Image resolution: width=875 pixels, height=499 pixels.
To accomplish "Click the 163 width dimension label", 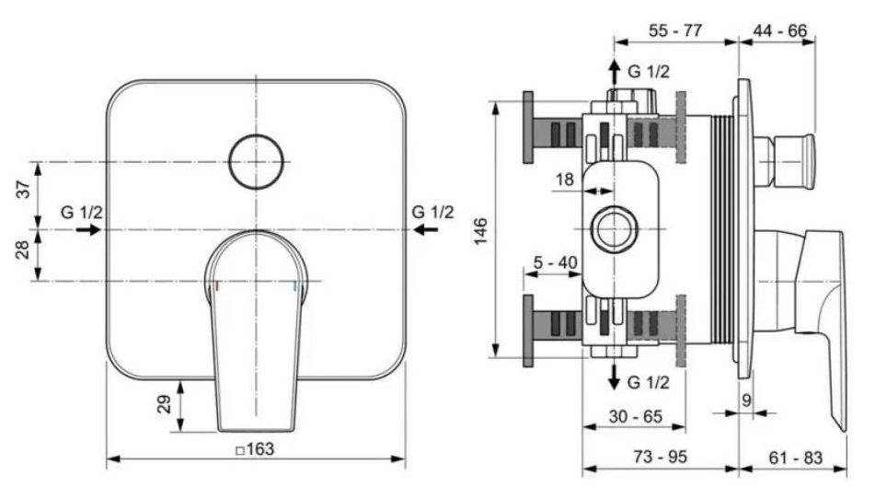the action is point(255,449).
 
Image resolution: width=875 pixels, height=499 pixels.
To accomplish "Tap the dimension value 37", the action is point(23,190).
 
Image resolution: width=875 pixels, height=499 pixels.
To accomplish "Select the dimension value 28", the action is point(23,249).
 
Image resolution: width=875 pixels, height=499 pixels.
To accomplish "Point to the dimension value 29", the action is point(164,403).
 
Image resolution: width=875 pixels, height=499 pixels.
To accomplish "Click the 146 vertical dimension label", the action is point(480,230).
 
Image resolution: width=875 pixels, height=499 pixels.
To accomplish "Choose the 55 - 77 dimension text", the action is point(675,30).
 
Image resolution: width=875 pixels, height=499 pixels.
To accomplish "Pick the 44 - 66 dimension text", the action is point(780,30).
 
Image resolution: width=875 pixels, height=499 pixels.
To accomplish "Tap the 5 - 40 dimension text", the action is point(555,262).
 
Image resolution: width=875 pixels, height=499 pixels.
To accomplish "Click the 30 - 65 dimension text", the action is point(635,416).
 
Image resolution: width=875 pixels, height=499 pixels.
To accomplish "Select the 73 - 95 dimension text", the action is point(660,457).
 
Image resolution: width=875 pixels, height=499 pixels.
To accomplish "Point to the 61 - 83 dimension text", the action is point(796,458).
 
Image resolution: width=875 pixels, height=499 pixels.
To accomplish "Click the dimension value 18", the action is point(565,180).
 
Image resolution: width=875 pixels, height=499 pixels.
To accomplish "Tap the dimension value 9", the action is point(747,400).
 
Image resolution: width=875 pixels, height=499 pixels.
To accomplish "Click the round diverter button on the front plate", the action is point(256,162).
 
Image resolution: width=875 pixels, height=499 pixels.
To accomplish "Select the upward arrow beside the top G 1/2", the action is point(615,73).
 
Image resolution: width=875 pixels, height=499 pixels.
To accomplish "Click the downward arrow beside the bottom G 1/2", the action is point(615,377).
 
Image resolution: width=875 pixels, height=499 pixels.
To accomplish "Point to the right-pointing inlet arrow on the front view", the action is point(88,229).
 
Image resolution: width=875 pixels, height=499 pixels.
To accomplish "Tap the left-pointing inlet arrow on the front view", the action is point(426,229).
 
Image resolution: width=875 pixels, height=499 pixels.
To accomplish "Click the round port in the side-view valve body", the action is point(615,229).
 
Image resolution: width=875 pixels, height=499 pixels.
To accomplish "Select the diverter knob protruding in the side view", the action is point(785,161).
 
